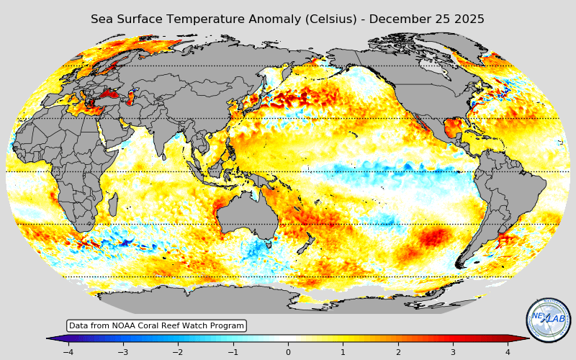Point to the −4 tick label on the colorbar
pos(68,352)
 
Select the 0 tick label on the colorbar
pos(288,352)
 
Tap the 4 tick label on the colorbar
pos(508,352)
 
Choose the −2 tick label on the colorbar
pos(178,352)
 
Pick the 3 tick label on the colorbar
pos(453,352)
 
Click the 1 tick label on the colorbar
pos(343,352)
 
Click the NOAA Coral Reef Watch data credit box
pos(156,326)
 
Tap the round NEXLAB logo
pos(548,320)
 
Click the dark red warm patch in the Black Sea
pos(110,93)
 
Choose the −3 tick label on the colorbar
pos(122,352)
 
